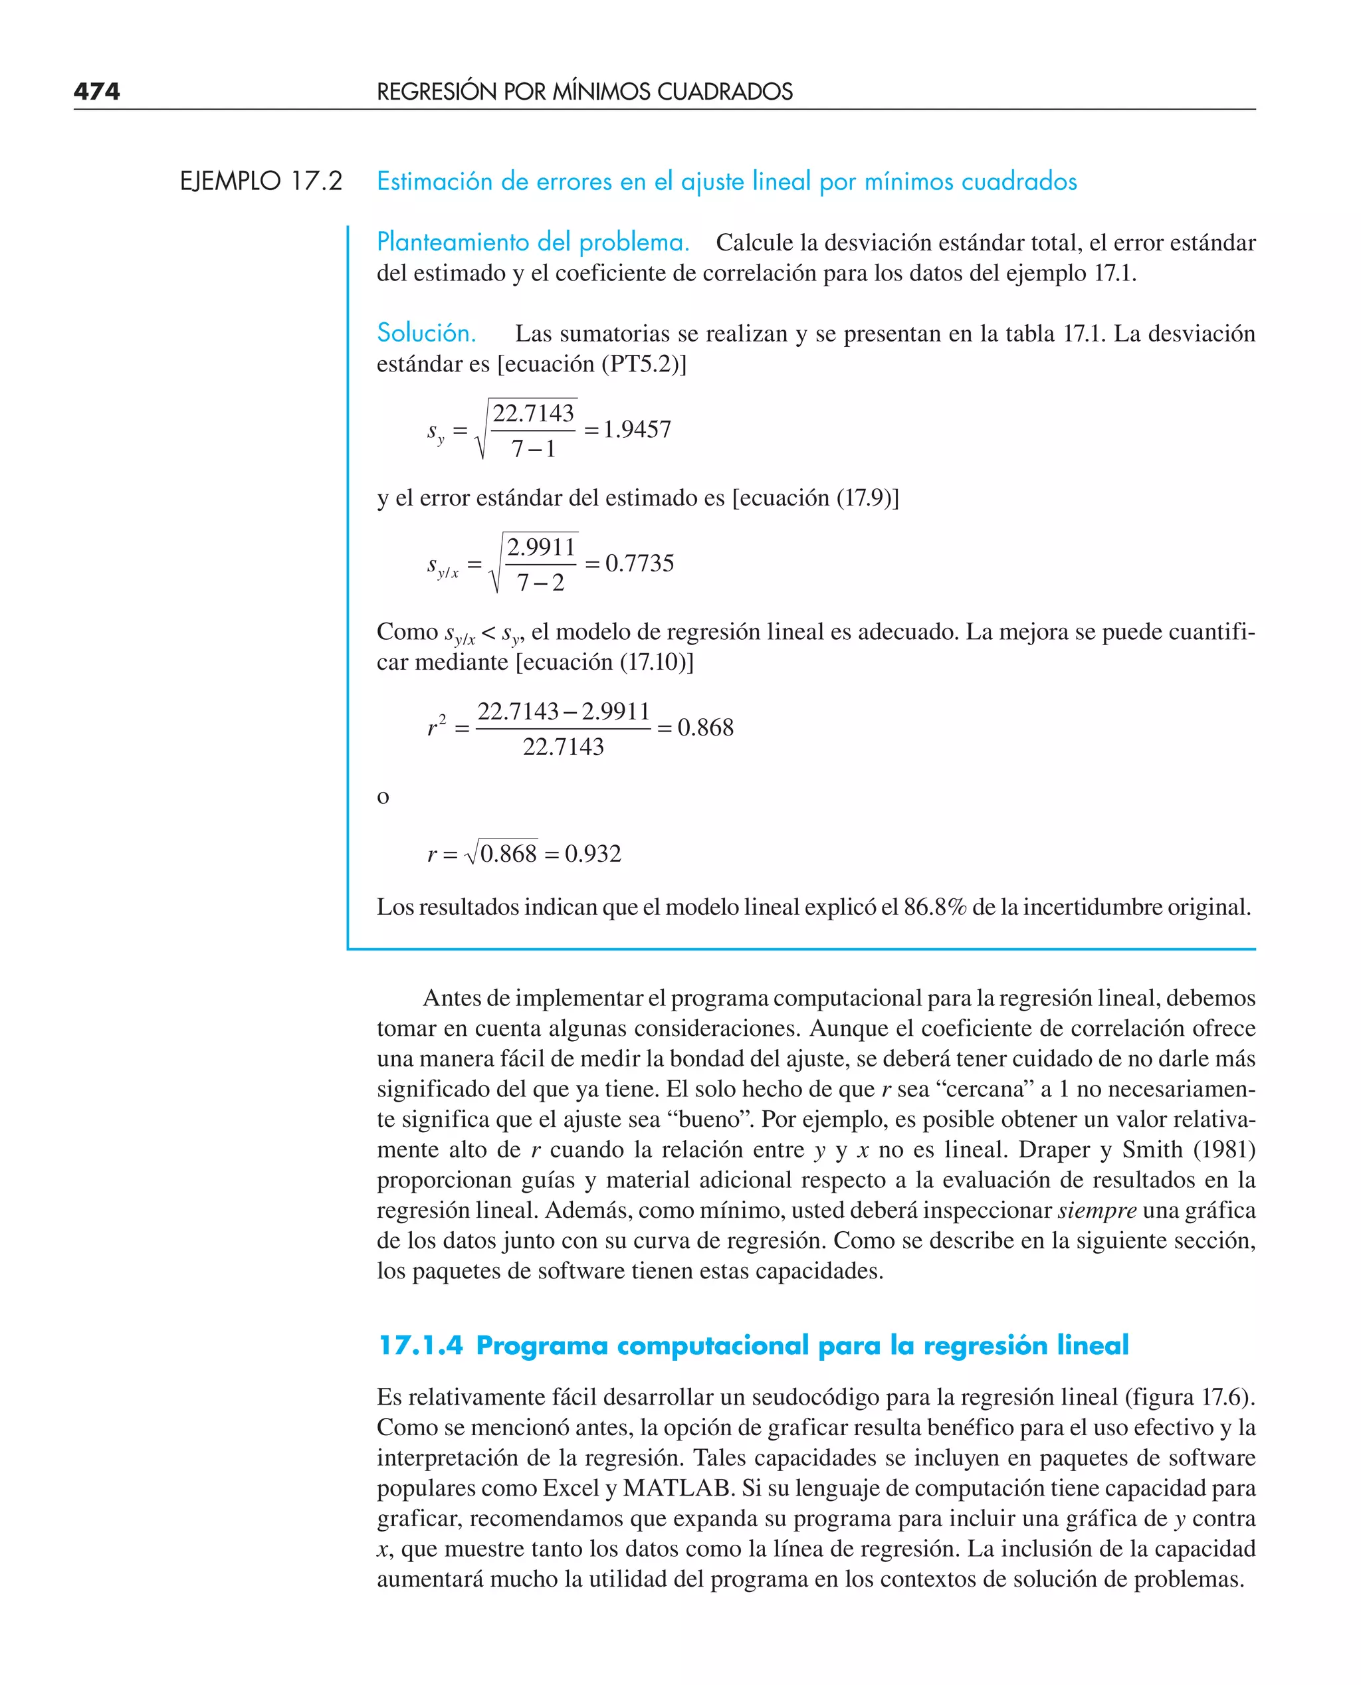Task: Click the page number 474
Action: click(96, 92)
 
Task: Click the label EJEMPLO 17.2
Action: click(261, 181)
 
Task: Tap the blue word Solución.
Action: click(426, 333)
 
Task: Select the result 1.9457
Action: click(637, 429)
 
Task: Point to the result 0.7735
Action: click(639, 563)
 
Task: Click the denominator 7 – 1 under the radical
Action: click(533, 449)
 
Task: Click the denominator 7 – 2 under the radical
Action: click(540, 582)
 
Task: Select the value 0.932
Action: click(593, 854)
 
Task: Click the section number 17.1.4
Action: click(420, 1345)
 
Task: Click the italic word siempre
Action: click(1097, 1210)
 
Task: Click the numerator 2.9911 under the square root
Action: click(541, 547)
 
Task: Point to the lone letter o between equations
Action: click(383, 798)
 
